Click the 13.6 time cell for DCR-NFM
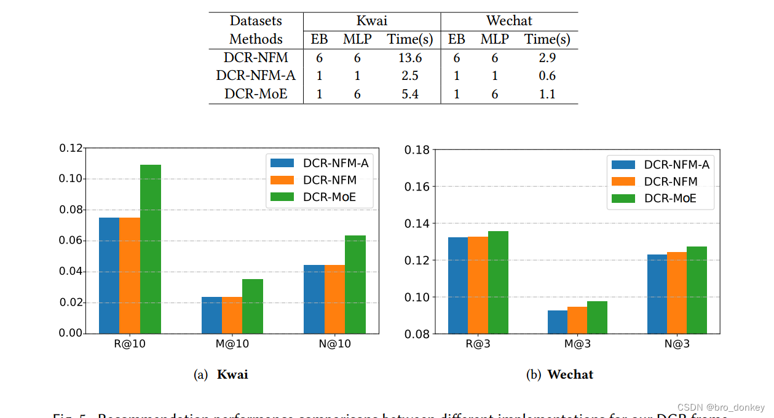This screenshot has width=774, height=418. point(410,58)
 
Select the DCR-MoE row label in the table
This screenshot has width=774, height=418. point(256,94)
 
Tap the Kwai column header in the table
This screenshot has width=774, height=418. point(372,21)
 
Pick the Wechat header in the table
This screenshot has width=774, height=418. point(509,21)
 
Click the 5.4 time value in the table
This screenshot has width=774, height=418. point(410,94)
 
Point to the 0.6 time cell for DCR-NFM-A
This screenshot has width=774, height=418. point(547,76)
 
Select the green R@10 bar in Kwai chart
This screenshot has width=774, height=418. point(151,249)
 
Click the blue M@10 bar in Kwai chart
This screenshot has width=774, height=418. point(211,315)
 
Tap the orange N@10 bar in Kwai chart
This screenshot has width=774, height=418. point(334,299)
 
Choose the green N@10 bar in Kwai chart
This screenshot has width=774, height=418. point(355,284)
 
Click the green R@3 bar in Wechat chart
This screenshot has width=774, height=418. point(498,282)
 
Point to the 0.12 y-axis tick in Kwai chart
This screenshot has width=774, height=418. point(71,148)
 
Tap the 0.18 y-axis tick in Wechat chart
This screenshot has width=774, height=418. point(417,149)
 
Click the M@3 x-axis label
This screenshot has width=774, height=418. point(578,344)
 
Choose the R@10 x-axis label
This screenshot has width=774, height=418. point(130,344)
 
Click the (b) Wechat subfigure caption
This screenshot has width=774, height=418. point(559,374)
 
